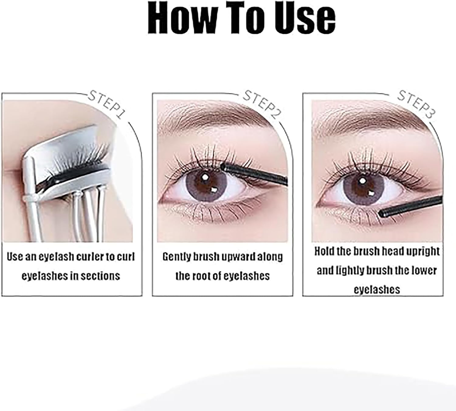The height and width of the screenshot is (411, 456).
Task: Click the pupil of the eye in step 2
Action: pos(208,183)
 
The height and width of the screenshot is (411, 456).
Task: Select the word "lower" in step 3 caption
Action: pos(424,270)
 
